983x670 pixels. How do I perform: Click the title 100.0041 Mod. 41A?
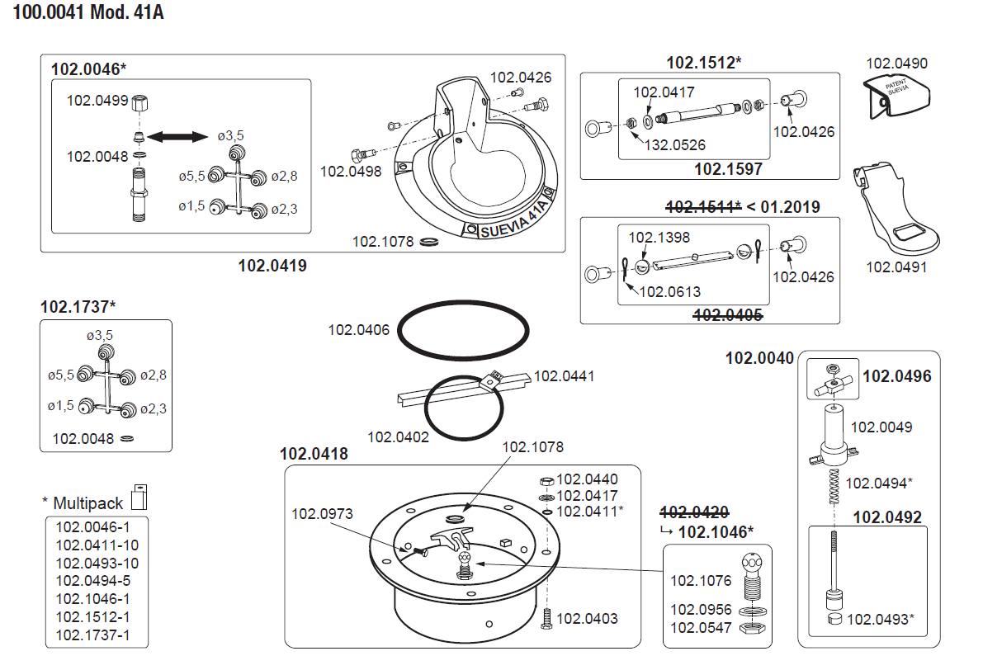pos(88,15)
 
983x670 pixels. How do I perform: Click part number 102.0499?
pos(97,101)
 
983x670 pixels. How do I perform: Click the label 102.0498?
pos(351,172)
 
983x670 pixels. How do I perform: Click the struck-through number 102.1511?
pos(702,207)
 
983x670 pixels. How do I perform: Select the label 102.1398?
pos(660,238)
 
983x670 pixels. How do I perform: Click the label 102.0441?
pos(565,376)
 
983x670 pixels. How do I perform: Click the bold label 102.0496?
pos(896,377)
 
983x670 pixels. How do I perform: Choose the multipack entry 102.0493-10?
pos(97,564)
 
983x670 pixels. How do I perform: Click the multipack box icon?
pos(138,498)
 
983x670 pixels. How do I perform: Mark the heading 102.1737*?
pos(78,307)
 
